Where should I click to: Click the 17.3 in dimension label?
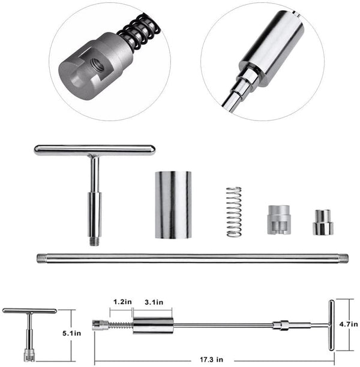211,359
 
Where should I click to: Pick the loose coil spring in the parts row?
234,212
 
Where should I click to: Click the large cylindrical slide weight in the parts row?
173,204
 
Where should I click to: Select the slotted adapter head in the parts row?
278,220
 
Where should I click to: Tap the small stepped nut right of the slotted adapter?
321,222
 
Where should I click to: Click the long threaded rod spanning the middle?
192,258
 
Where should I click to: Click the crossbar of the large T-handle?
94,151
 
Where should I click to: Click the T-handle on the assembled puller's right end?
329,324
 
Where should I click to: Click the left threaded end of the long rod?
41,258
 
